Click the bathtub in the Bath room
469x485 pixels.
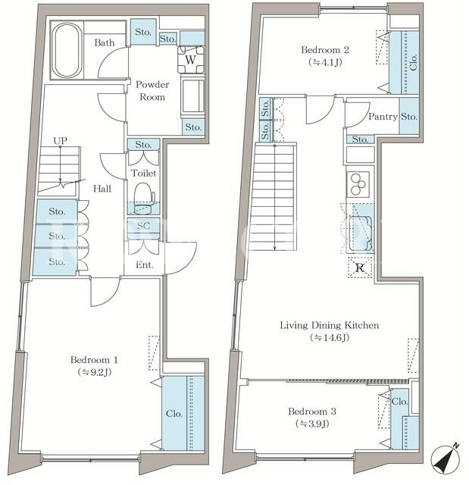point(66,51)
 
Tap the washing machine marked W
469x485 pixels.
point(191,59)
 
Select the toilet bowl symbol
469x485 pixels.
point(144,199)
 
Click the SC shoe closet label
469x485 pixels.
point(143,226)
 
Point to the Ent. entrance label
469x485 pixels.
point(145,264)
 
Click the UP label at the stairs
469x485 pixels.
point(60,141)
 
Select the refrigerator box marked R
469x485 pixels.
point(360,268)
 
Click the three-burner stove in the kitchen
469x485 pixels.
point(358,184)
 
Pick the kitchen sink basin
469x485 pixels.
point(361,233)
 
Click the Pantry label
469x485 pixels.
point(383,117)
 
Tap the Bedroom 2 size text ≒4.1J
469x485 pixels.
point(325,62)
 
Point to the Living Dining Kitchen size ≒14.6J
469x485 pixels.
point(330,337)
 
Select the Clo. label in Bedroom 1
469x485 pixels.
point(174,414)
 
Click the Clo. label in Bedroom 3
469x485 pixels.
point(400,402)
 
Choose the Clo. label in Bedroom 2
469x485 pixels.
point(414,62)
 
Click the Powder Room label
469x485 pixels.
point(152,91)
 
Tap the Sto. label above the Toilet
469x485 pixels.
point(143,145)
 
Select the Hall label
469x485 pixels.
point(102,189)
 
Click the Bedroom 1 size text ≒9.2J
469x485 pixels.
point(94,372)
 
